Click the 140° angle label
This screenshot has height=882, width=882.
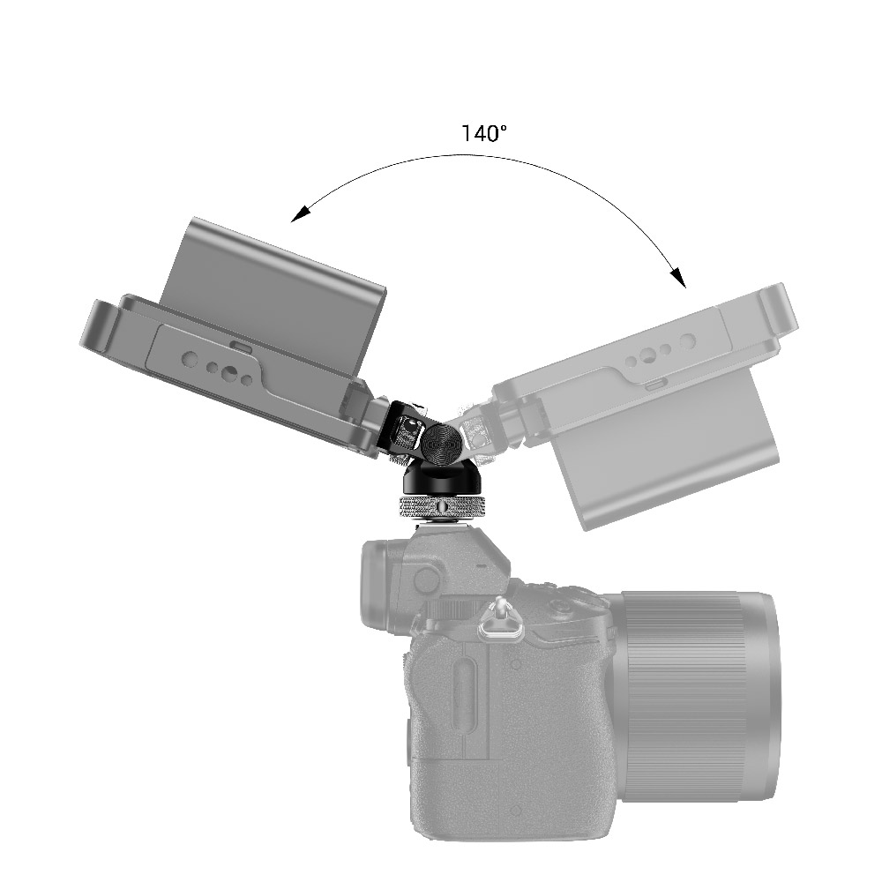pyautogui.click(x=484, y=134)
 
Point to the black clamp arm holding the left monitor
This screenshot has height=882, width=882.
pyautogui.click(x=389, y=423)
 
